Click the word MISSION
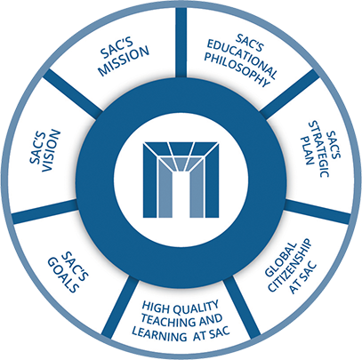click(125, 61)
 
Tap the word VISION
click(47, 152)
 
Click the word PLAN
click(306, 150)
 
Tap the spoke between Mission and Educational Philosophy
click(181, 42)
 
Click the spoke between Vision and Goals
click(45, 212)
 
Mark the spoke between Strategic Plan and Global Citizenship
click(318, 212)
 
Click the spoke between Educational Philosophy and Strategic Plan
click(290, 93)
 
